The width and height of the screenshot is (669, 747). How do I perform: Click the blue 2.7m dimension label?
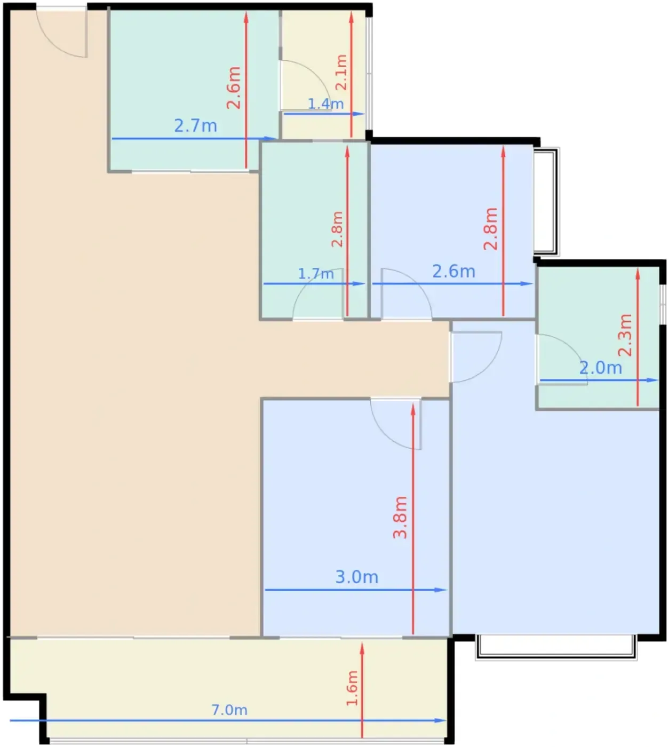click(x=195, y=126)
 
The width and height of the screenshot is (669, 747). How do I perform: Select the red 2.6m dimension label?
click(x=234, y=88)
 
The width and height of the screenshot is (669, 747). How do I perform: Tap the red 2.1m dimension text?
click(x=341, y=72)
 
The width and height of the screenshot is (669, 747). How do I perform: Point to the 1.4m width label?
click(x=325, y=104)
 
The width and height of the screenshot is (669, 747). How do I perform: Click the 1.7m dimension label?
click(x=316, y=274)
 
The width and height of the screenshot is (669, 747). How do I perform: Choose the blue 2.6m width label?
click(x=454, y=272)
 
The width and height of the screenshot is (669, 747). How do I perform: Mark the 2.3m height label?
click(x=625, y=335)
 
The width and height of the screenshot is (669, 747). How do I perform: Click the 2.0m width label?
click(x=601, y=368)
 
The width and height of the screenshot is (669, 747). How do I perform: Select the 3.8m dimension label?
click(x=400, y=517)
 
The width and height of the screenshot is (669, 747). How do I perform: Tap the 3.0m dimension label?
click(x=357, y=577)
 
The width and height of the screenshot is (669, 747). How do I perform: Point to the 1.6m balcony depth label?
click(x=352, y=688)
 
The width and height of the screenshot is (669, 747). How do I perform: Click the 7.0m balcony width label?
click(x=229, y=710)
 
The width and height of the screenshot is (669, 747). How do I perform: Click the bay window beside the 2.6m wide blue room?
click(x=547, y=202)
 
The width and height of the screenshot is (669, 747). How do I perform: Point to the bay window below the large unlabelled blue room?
click(x=556, y=647)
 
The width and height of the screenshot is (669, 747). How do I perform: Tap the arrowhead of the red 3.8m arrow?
click(x=413, y=409)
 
